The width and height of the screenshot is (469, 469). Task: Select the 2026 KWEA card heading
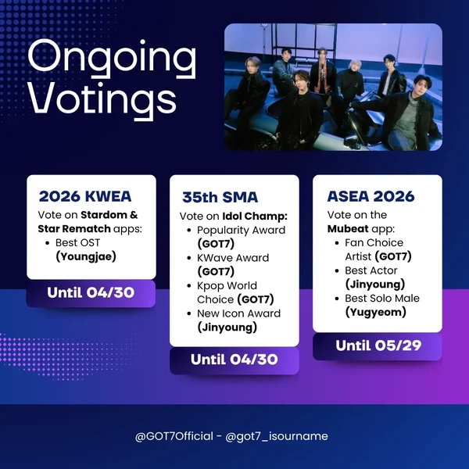point(84,195)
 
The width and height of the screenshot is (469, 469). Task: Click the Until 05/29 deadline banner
point(377,345)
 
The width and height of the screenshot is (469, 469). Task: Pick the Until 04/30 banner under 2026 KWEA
point(91,293)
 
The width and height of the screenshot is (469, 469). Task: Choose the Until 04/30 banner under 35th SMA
point(234,360)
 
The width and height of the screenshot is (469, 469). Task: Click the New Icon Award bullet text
point(239,313)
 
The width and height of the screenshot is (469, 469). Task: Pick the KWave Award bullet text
point(233,258)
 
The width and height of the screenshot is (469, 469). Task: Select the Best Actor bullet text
point(371,270)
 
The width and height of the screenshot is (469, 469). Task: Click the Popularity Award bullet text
point(241,230)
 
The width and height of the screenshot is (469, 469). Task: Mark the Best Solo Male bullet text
point(382,298)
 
